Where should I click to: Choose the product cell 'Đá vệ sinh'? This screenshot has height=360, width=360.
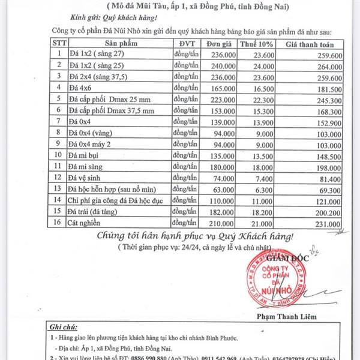86,178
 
